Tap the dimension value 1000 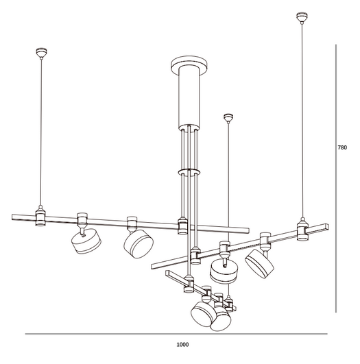click(182, 345)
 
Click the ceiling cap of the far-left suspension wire click(40, 51)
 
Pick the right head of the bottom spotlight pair click(222, 319)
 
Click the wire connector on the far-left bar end click(41, 218)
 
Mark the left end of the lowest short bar click(167, 275)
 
